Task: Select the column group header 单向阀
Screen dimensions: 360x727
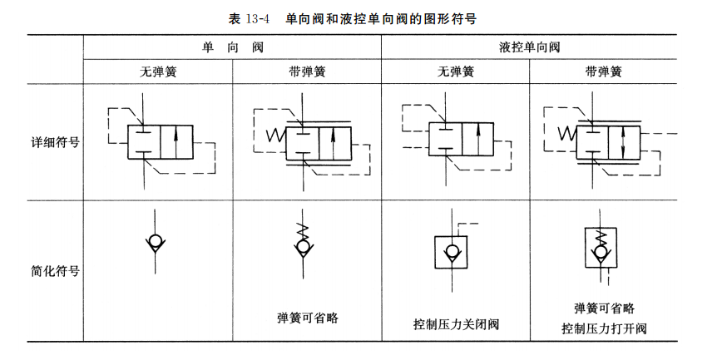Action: tap(232, 47)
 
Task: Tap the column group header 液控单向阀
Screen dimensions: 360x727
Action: tap(530, 47)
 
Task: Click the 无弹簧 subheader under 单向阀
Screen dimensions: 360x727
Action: tap(157, 72)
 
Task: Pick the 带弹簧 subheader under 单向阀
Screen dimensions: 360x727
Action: tap(307, 72)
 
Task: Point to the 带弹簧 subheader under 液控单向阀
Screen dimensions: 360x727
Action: tap(604, 72)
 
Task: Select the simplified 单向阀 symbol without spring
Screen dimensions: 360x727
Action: tap(155, 244)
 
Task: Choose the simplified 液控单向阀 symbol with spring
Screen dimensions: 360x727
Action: tap(603, 249)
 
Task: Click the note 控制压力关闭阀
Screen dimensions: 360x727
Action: tap(455, 323)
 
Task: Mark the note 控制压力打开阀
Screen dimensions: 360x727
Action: tap(604, 328)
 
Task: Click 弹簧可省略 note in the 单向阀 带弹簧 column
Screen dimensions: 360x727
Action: tap(307, 317)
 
